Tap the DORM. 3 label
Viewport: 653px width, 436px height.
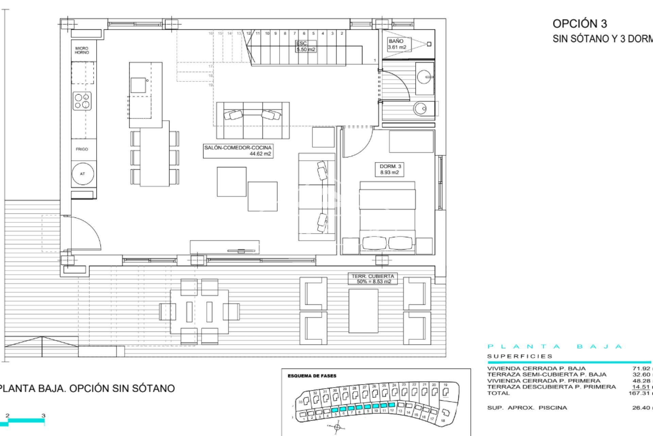[390, 169]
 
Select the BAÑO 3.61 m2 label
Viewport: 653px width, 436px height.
[397, 44]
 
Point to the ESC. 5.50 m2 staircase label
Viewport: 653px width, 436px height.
[305, 46]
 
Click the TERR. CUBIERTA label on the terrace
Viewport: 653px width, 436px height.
[372, 279]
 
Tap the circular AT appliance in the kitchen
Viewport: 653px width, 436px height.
[82, 174]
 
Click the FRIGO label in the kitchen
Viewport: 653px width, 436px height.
[82, 149]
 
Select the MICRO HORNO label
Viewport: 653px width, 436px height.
[82, 50]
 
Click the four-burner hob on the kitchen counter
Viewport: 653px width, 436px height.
[82, 101]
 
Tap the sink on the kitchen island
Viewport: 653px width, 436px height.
[138, 85]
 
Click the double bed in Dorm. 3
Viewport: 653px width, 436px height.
[387, 218]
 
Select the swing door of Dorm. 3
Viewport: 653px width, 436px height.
[357, 143]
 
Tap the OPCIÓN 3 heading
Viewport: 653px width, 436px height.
[580, 24]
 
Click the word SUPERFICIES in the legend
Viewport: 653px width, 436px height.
[520, 356]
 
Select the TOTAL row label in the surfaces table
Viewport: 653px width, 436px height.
[498, 393]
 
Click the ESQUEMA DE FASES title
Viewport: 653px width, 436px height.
[312, 376]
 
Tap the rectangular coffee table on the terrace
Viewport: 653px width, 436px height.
[363, 311]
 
